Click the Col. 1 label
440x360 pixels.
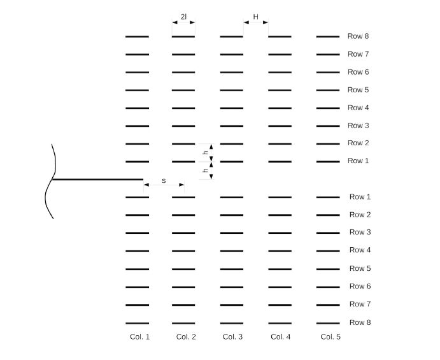pos(139,336)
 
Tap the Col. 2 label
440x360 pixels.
pos(186,336)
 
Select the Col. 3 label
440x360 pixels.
pos(232,336)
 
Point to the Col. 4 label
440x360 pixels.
pos(280,336)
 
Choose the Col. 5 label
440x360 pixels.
pos(330,336)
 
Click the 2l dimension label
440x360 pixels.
pos(183,17)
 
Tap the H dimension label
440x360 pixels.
pos(256,17)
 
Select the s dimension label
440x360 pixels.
pos(164,181)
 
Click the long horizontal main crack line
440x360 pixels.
pos(96,180)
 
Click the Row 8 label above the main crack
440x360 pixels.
pos(358,36)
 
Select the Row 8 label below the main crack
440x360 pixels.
pos(360,322)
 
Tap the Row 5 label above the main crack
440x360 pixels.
pos(358,90)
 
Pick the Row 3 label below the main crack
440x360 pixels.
pos(360,232)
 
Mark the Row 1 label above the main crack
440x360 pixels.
pos(358,161)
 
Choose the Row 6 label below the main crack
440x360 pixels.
pos(360,286)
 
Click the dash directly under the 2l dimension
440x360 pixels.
pos(183,37)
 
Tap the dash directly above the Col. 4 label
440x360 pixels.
pos(280,323)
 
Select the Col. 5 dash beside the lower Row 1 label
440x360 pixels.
pos(328,198)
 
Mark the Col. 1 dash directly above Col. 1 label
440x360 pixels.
pos(137,323)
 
